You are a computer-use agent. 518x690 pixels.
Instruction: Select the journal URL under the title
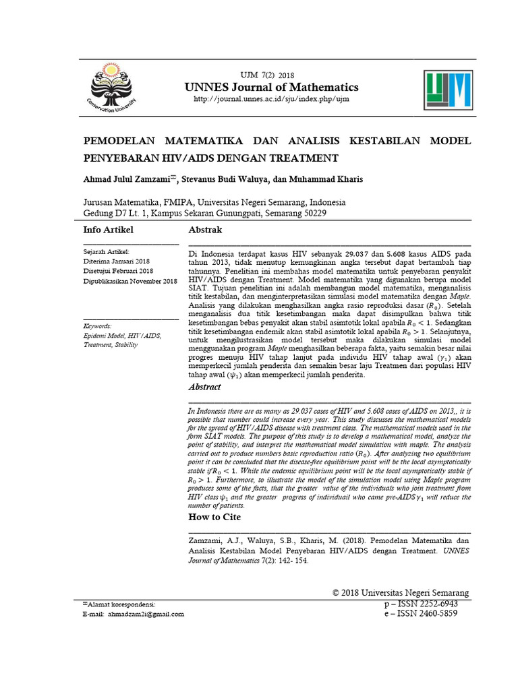click(x=272, y=99)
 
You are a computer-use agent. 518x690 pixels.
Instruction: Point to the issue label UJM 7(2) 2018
click(x=268, y=74)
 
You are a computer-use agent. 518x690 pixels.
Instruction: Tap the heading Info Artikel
click(x=108, y=230)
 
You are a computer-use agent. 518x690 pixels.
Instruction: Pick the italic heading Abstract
click(x=204, y=387)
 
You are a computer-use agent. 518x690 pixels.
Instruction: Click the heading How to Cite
click(x=214, y=517)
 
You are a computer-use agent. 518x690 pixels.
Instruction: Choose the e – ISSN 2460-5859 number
click(x=420, y=615)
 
